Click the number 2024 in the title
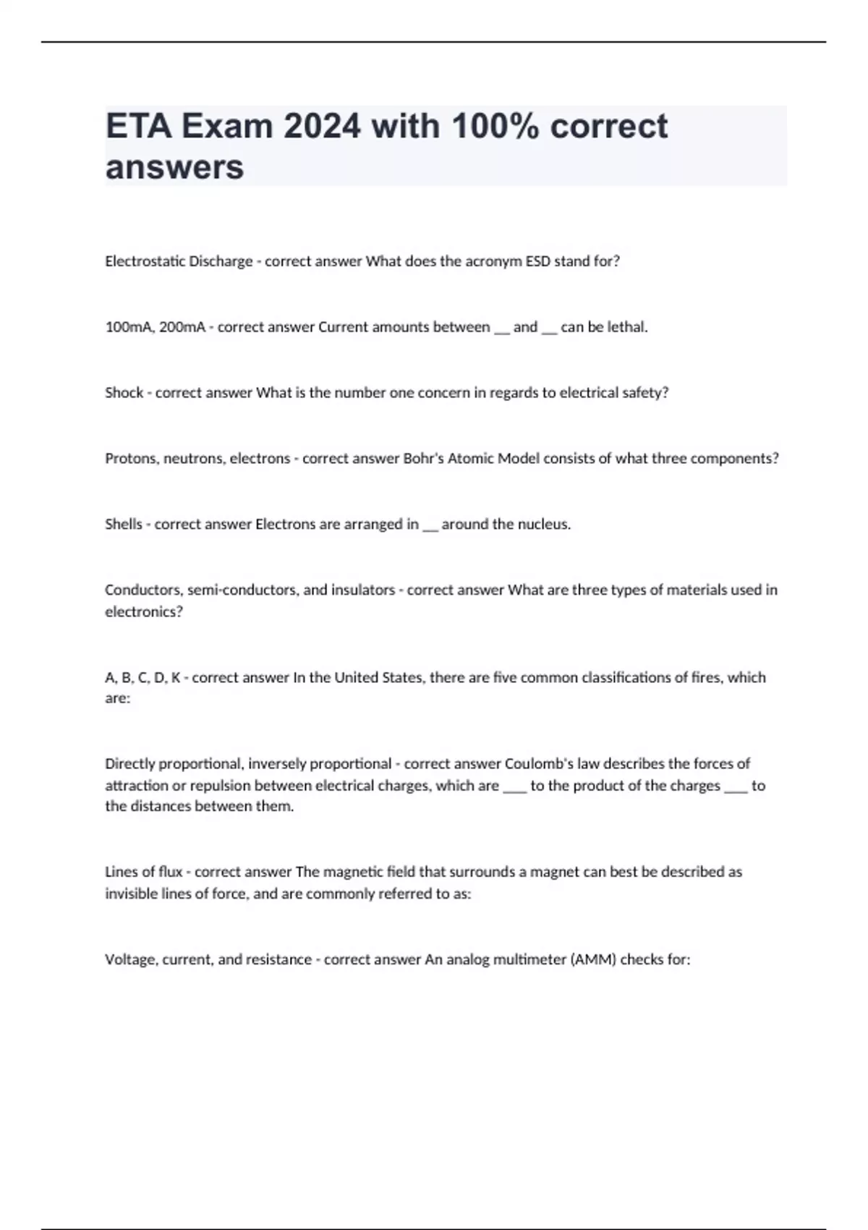[321, 127]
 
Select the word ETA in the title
[138, 127]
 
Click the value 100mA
[129, 327]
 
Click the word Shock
[124, 393]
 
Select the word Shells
[123, 525]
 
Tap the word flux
[170, 873]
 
